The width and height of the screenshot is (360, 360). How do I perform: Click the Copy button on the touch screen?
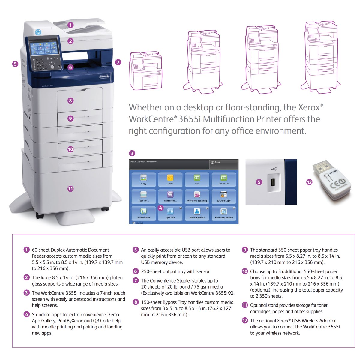144,179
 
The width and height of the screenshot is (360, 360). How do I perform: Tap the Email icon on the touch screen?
170,179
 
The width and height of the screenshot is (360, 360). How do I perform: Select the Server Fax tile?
224,179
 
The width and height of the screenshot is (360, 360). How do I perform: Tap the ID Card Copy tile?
224,196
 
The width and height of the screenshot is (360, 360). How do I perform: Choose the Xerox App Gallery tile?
224,213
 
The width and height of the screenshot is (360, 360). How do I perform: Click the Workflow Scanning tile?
197,196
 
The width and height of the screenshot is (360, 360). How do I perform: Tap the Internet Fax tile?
144,213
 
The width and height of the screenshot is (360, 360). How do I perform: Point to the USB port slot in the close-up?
273,182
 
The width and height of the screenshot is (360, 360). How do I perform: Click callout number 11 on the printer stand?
70,189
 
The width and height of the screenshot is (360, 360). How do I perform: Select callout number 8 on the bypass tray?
70,100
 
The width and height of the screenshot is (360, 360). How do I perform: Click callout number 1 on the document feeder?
70,25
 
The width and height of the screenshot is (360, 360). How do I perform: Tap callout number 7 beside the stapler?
118,62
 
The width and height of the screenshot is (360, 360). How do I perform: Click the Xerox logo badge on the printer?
104,77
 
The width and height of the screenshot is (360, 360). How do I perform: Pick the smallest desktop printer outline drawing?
145,71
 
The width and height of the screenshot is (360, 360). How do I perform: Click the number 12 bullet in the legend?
245,320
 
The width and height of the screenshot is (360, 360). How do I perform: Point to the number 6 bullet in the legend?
136,271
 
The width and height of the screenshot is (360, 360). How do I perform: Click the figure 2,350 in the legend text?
265,296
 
